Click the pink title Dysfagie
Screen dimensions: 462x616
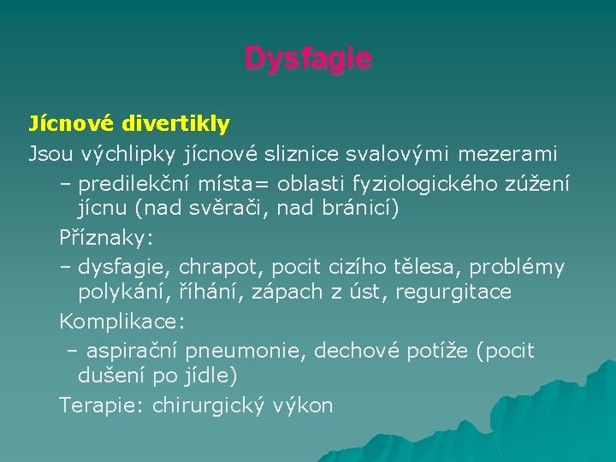coord(308,59)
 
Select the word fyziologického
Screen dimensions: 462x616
coord(435,184)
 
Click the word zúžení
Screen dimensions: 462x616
coord(540,184)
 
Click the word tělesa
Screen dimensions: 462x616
coord(432,268)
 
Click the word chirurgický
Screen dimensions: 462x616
coord(204,406)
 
